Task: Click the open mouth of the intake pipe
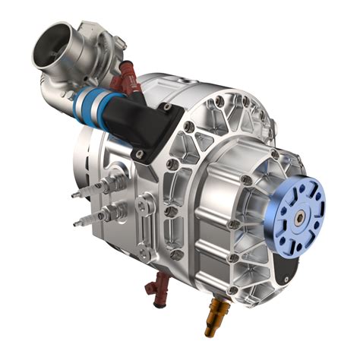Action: click(x=52, y=47)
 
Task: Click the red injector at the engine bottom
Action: click(x=159, y=292)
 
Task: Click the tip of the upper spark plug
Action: click(x=74, y=194)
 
